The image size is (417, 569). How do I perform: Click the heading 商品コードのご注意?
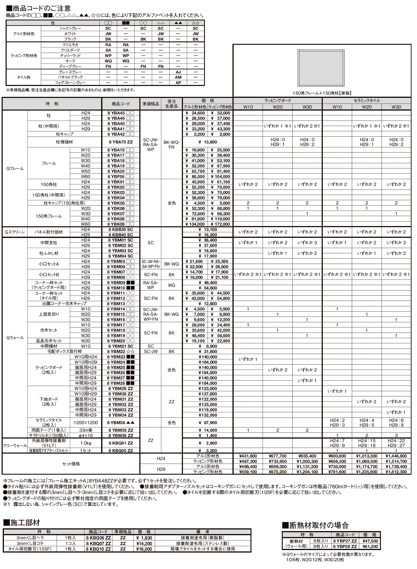[x=41, y=8]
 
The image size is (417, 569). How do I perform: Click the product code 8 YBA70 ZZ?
[x=121, y=142]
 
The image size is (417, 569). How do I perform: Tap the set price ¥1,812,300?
[x=396, y=472]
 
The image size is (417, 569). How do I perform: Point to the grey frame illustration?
[x=321, y=68]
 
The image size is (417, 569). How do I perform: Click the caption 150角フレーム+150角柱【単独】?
[x=322, y=93]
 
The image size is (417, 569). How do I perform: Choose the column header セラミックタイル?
[x=367, y=101]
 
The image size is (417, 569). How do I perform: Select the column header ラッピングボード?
[x=278, y=101]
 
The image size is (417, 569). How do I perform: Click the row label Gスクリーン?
[x=15, y=232]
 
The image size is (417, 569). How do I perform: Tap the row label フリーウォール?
[x=15, y=446]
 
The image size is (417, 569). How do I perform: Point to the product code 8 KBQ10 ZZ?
[x=98, y=549]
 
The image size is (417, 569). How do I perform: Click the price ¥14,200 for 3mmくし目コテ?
[x=144, y=543]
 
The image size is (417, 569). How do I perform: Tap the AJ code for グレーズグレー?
[x=178, y=72]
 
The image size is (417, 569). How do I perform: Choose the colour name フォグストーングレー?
[x=70, y=82]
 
